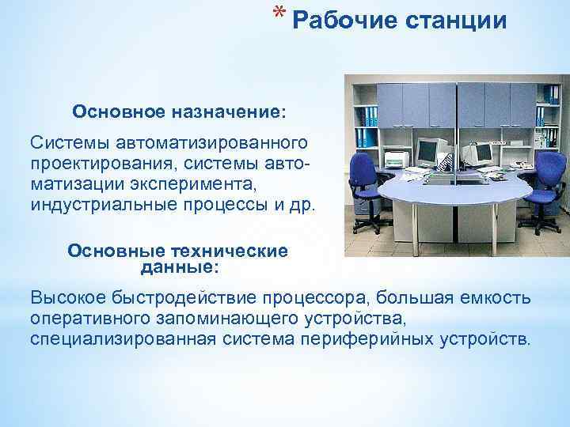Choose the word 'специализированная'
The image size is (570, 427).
(119, 339)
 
